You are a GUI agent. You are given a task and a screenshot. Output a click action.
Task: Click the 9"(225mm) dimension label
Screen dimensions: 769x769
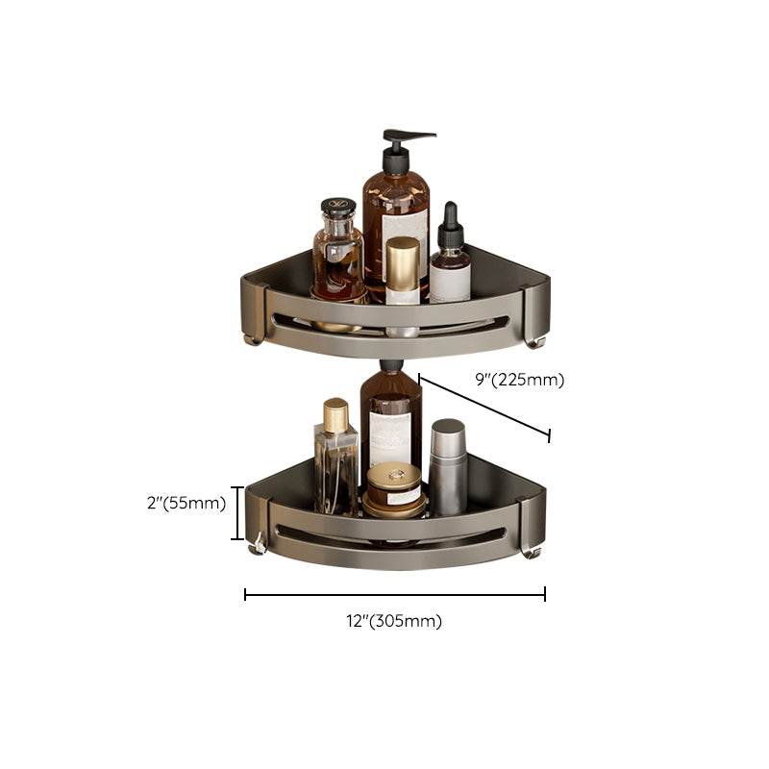point(520,380)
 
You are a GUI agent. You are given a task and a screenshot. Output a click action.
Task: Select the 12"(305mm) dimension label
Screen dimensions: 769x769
point(395,621)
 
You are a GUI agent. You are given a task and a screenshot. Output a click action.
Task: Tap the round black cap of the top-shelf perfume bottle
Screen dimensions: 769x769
point(337,209)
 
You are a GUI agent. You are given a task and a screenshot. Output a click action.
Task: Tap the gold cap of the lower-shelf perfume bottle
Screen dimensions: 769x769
point(335,416)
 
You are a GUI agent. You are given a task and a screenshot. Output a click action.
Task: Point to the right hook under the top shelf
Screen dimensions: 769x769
point(536,339)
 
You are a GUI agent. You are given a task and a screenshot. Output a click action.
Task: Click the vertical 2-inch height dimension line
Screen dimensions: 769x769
point(236,513)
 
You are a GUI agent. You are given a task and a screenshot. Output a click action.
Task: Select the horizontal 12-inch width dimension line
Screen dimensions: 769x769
point(395,595)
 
